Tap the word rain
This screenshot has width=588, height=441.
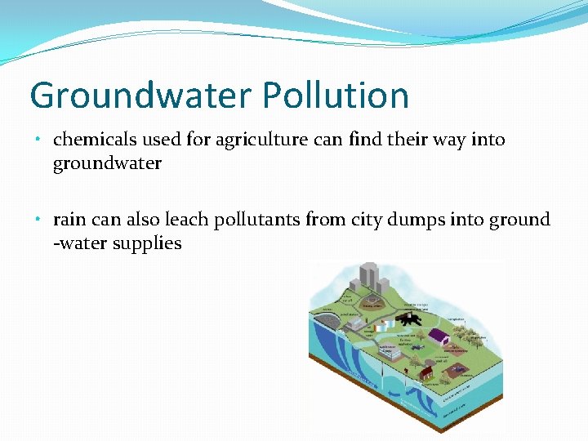coord(69,220)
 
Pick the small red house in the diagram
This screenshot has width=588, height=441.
coord(425,372)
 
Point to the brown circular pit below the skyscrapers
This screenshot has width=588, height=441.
coord(374,304)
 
